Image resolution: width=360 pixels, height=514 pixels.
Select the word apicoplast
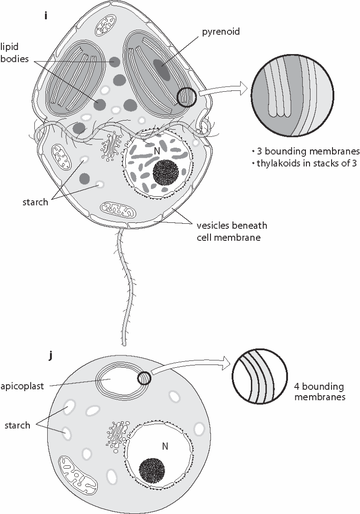[x=22, y=386]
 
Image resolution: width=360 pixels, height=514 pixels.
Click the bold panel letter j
[x=50, y=356]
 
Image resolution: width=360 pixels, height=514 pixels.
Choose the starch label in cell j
[x=17, y=425]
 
